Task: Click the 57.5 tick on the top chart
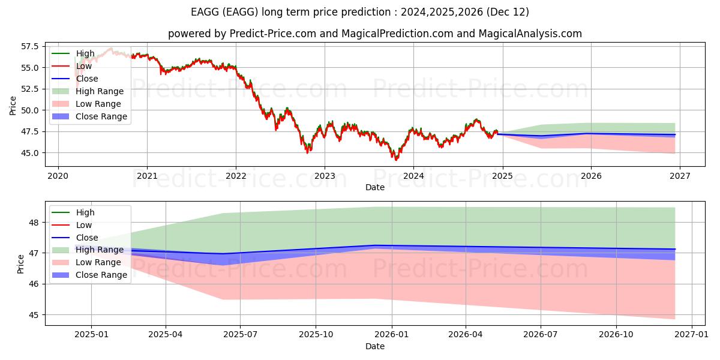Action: coord(29,46)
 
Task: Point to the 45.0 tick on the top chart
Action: coord(29,153)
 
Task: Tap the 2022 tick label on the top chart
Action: coord(236,176)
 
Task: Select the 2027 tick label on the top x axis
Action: coord(679,176)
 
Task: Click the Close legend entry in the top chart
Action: coord(86,79)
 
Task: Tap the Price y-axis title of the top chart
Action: coord(13,106)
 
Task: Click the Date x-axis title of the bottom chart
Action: coord(375,346)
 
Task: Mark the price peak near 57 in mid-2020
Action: coord(111,49)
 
